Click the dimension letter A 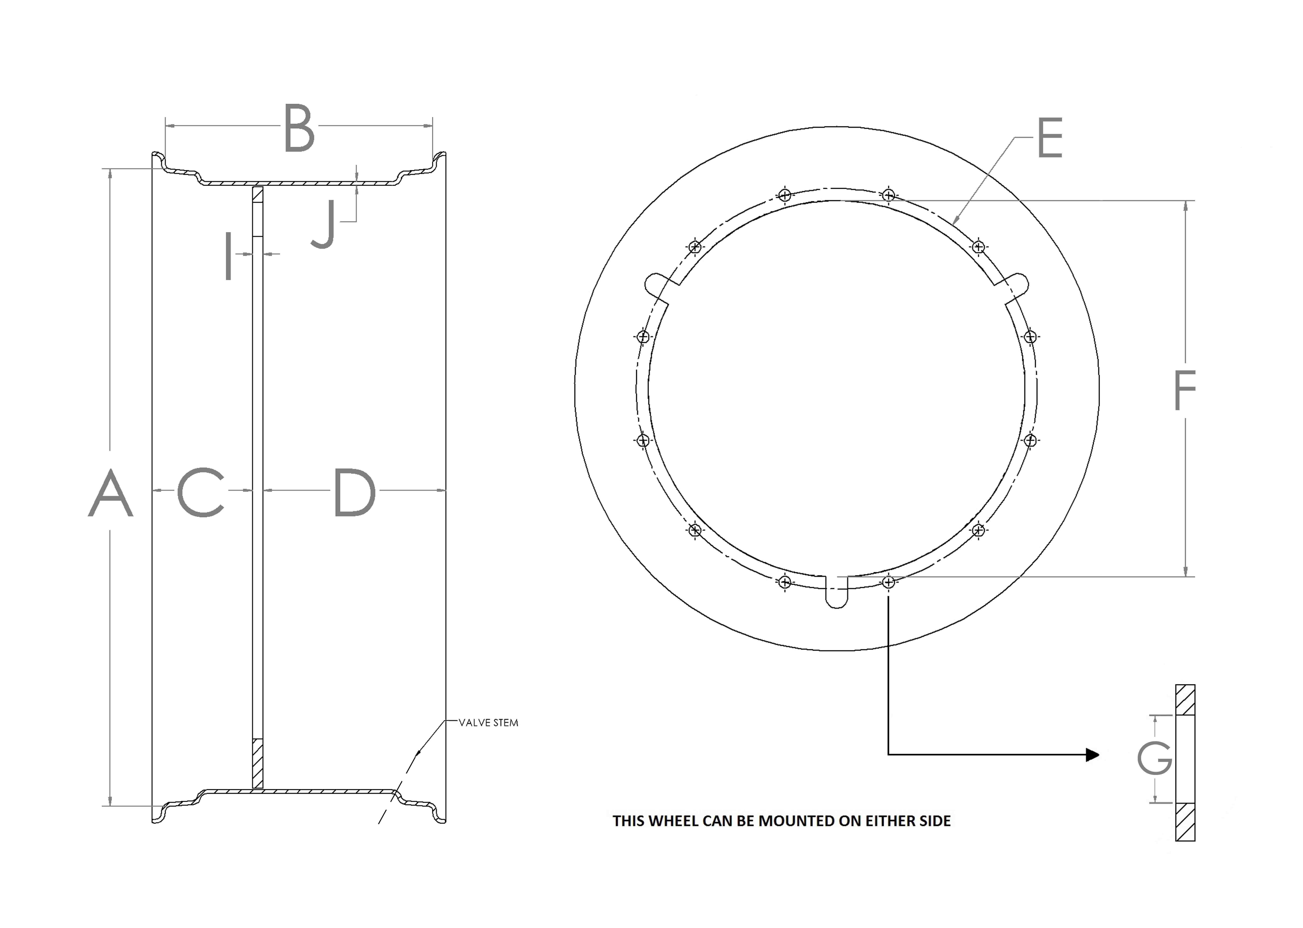pyautogui.click(x=110, y=493)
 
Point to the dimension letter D pyautogui.click(x=354, y=493)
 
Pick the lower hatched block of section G pyautogui.click(x=1185, y=822)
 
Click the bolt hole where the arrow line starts pyautogui.click(x=888, y=582)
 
